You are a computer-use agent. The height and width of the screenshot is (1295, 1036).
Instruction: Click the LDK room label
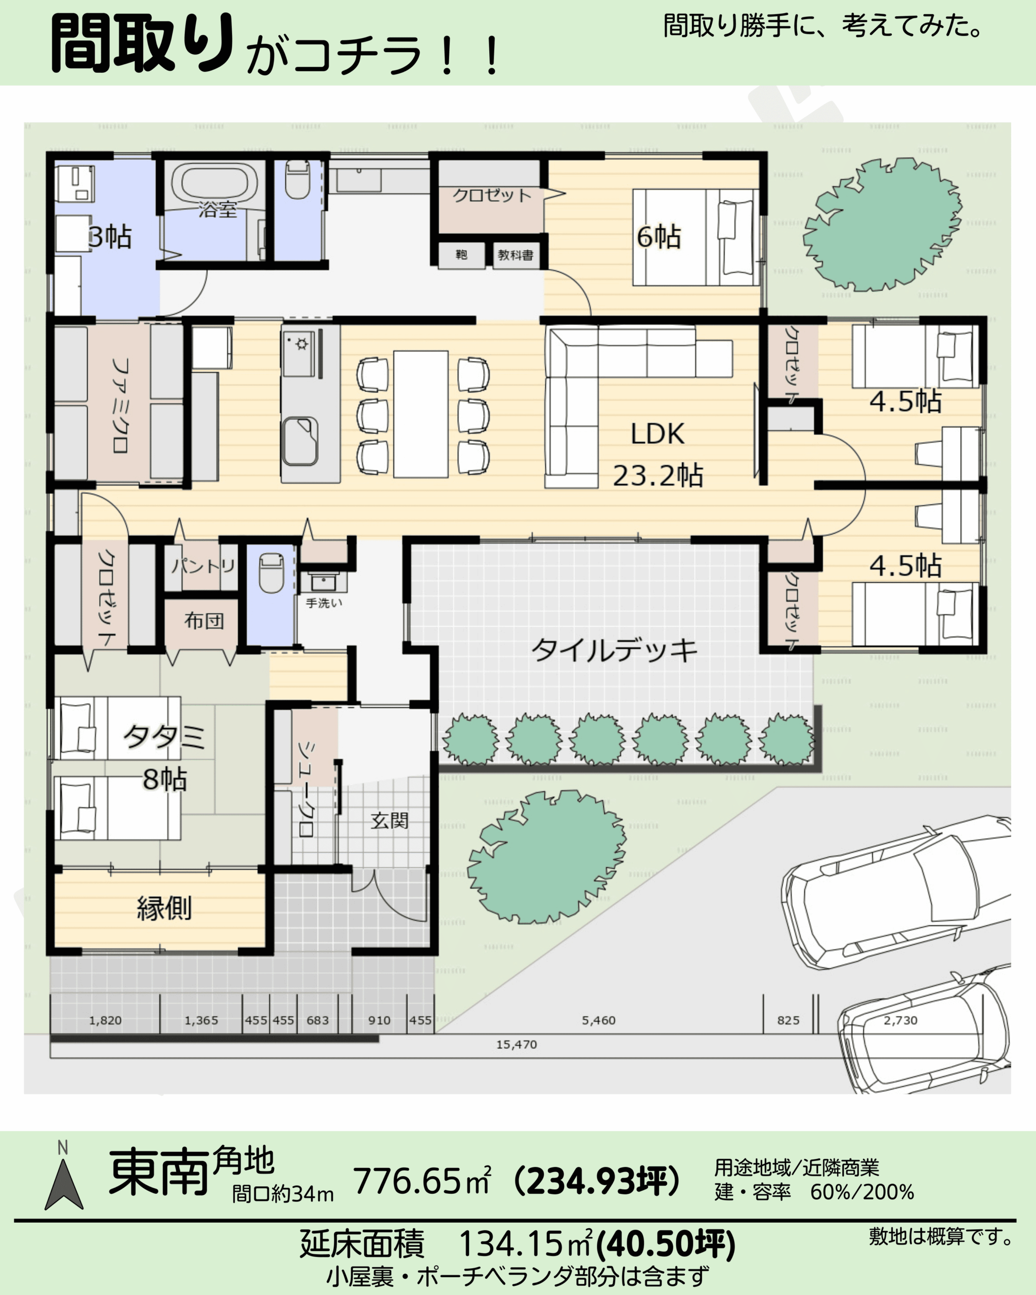(x=657, y=434)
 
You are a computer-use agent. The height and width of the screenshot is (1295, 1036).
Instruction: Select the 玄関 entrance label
(x=389, y=821)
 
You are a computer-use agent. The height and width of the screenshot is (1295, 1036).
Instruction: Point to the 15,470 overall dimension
(x=516, y=1045)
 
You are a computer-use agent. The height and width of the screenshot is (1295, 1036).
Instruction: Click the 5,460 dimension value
(x=598, y=1020)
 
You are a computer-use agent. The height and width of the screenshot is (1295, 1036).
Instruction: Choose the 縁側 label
(x=164, y=908)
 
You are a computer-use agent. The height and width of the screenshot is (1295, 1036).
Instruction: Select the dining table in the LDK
(x=420, y=414)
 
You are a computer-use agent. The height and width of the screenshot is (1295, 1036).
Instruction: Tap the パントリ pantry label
(x=203, y=565)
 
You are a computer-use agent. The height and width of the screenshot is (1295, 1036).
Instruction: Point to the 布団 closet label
(x=203, y=621)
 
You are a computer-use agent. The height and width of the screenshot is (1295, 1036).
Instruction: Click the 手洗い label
(x=324, y=602)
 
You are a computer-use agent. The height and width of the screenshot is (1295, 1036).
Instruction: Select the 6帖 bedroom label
(x=658, y=237)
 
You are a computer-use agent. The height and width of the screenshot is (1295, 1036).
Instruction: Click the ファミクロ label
(x=120, y=405)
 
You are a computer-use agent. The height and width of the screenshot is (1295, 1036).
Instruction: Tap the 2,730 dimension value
(x=900, y=1020)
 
